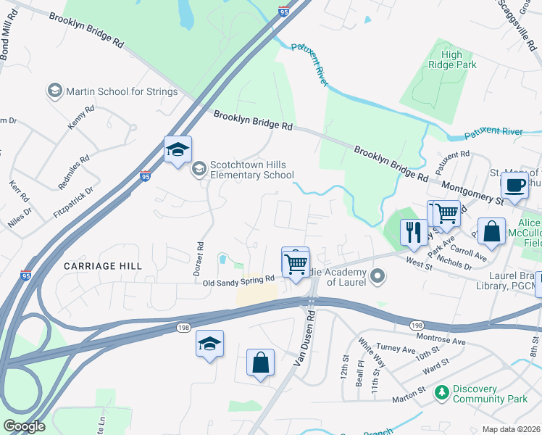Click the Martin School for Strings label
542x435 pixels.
[x=121, y=91]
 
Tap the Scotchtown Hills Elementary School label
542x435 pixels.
[x=251, y=170]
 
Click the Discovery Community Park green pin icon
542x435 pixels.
[x=441, y=392]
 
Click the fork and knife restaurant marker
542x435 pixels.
[x=413, y=231]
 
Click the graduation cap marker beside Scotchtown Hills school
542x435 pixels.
[x=178, y=149]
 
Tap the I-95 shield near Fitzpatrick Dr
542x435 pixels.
[x=146, y=175]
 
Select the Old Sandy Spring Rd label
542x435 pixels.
[x=238, y=278]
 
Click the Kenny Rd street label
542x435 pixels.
[x=81, y=118]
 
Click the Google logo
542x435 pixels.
[x=24, y=426]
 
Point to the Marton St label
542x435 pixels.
[x=409, y=394]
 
